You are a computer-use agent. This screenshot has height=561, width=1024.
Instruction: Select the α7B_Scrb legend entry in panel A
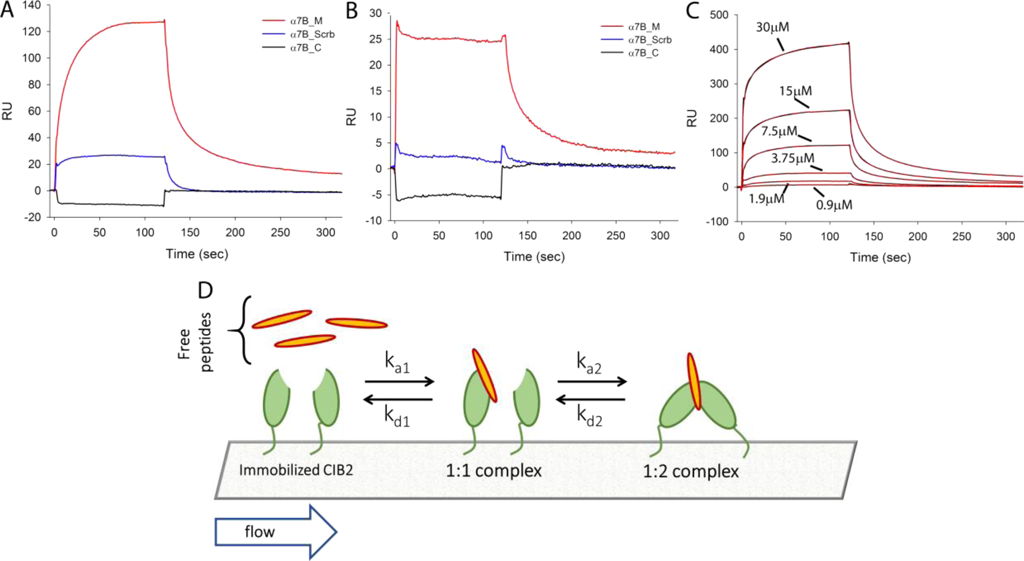(x=312, y=35)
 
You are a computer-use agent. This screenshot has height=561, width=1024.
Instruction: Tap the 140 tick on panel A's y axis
(x=31, y=5)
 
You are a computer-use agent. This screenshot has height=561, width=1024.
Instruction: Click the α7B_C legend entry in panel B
(x=642, y=53)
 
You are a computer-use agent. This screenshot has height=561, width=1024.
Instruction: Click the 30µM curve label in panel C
(x=772, y=27)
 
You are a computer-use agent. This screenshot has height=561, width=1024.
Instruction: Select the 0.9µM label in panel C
(x=834, y=205)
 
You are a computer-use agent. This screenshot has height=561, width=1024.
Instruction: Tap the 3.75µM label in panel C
(x=792, y=158)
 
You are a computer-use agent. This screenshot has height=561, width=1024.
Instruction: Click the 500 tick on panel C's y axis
(x=719, y=15)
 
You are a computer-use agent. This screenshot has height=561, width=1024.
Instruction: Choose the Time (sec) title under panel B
(x=534, y=257)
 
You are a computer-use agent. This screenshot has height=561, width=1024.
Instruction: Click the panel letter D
(x=205, y=291)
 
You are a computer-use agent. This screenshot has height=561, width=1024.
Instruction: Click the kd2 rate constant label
(x=589, y=416)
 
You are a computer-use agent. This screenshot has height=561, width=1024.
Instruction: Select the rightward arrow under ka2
(x=592, y=382)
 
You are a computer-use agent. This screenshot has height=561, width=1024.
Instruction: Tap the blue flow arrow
(x=276, y=532)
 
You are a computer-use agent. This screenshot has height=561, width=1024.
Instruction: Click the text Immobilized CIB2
(x=296, y=470)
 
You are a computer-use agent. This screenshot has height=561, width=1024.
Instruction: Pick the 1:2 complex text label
(x=690, y=471)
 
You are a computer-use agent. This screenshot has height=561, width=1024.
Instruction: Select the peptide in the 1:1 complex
(x=484, y=376)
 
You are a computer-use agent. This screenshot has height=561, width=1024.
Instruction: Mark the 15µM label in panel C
(x=795, y=91)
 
